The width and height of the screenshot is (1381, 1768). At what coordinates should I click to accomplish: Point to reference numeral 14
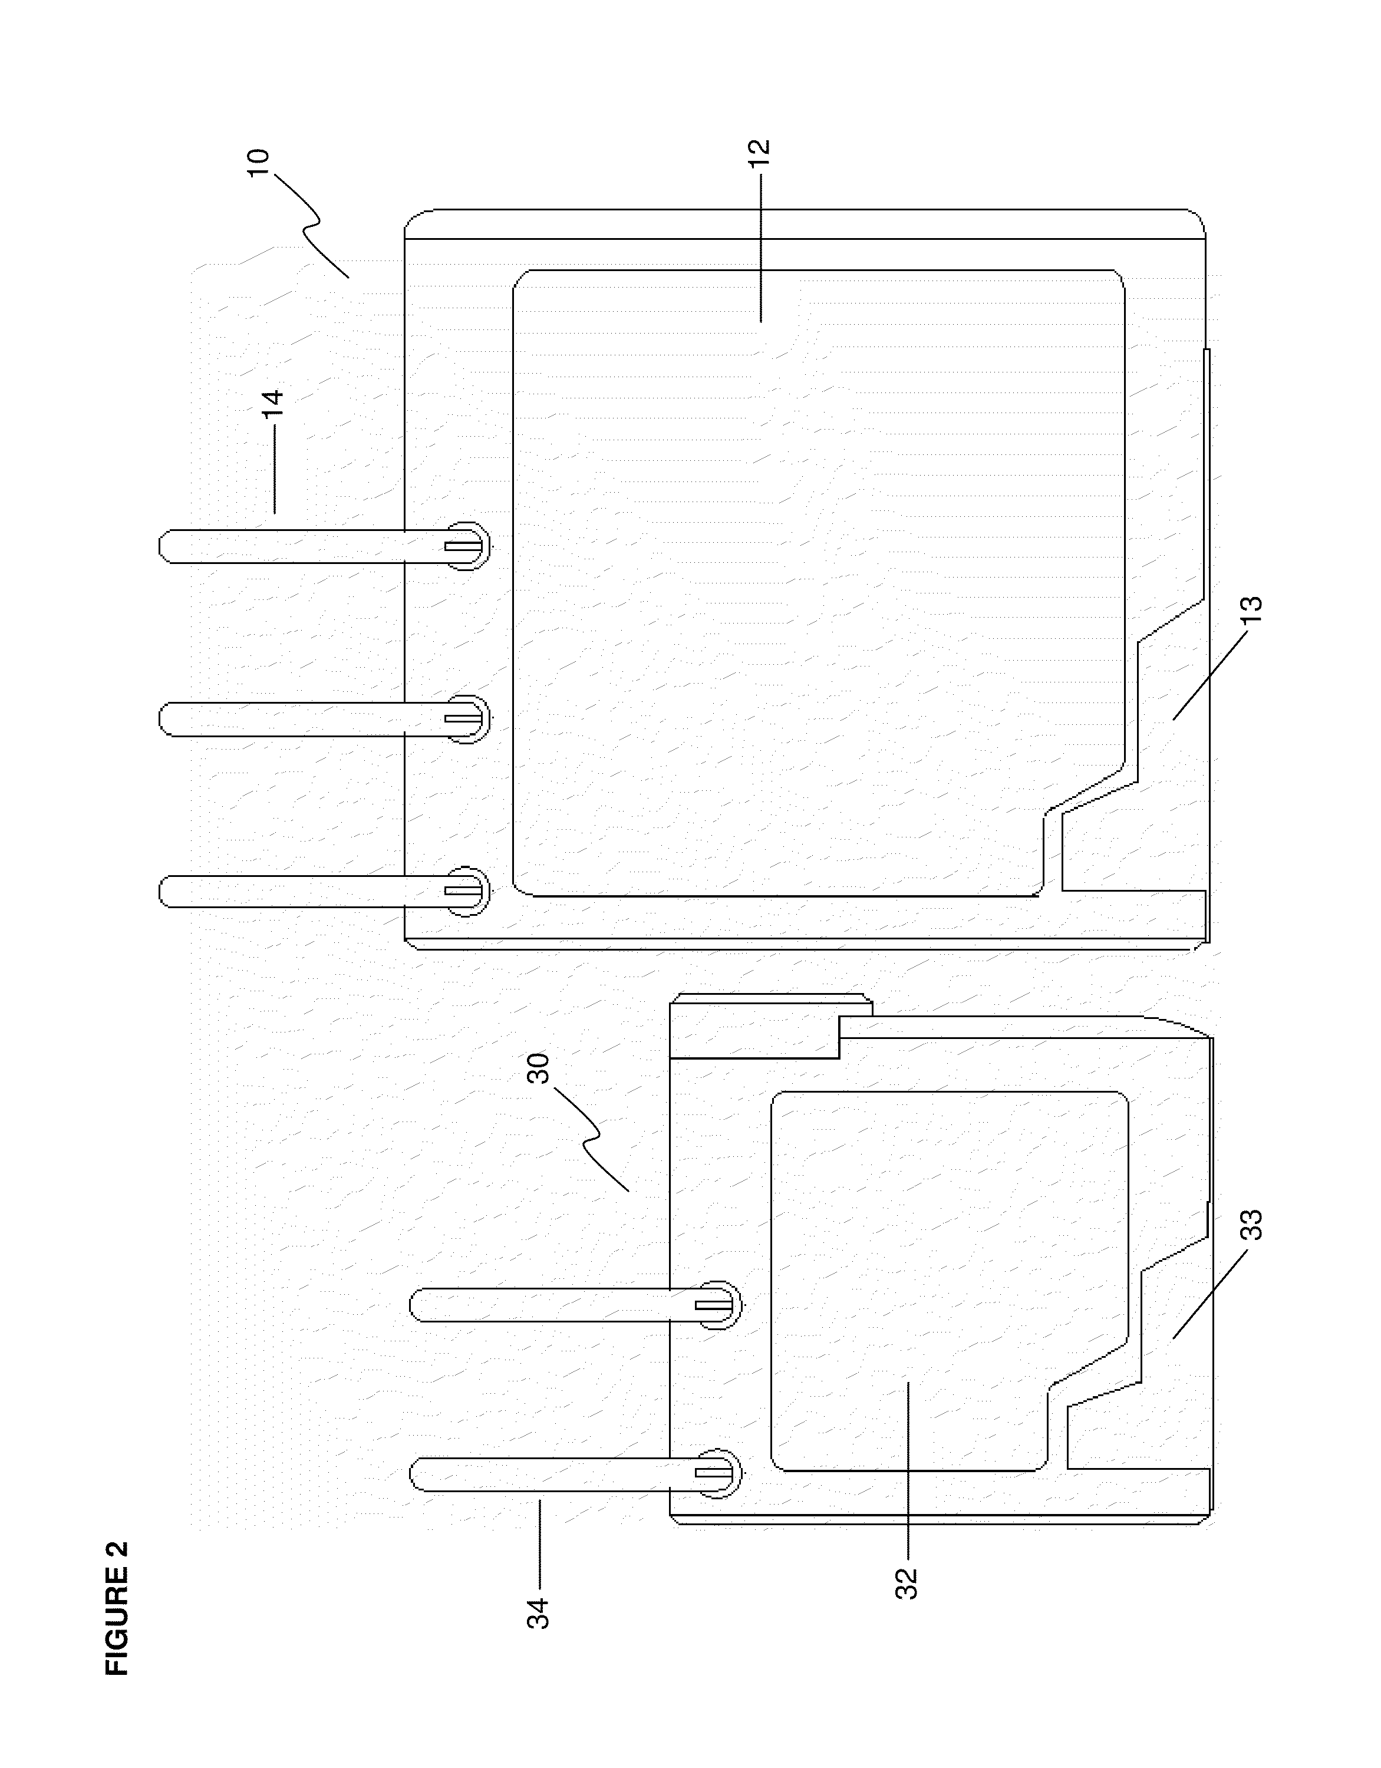pos(273,403)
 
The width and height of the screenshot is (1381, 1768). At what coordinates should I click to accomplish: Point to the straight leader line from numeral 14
pos(273,470)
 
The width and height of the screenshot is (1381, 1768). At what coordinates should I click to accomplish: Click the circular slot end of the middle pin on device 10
pos(467,718)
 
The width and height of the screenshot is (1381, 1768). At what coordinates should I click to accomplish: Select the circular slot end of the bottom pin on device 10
pos(467,891)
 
